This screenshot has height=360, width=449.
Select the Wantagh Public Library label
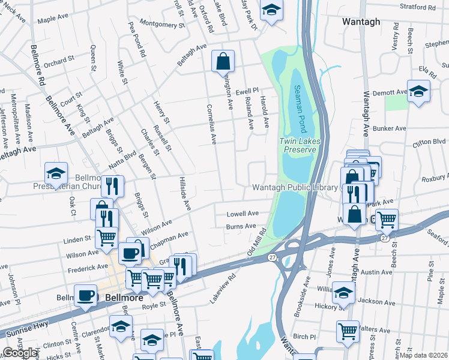pos(295,187)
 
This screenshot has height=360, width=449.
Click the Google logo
pos(20,353)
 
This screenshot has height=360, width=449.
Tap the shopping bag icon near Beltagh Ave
pos(223,61)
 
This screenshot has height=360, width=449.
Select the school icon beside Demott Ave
pos(418,91)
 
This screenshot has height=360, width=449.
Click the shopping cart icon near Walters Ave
pos(348,331)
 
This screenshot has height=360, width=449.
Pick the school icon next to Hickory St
pos(343,293)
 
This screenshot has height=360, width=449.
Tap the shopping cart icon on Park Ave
pos(387,219)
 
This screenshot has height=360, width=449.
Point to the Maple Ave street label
pos(53,19)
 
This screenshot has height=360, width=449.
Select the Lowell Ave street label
pos(242,214)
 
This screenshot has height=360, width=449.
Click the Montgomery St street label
pos(161,25)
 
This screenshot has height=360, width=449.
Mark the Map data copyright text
pos(424,355)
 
